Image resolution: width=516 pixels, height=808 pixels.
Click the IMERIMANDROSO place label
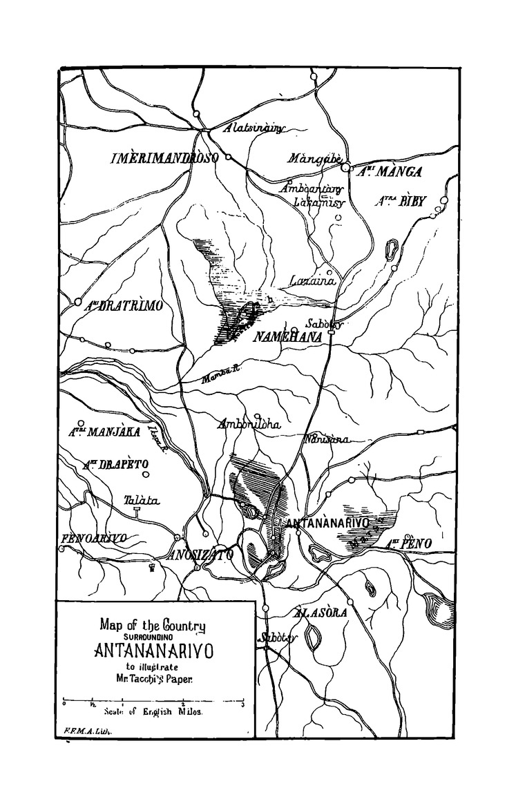click(x=164, y=158)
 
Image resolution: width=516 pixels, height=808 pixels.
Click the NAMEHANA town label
click(x=283, y=336)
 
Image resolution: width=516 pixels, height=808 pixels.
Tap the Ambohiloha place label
click(x=249, y=425)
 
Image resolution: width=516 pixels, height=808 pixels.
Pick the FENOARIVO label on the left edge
click(x=94, y=538)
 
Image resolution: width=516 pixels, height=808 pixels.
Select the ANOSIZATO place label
click(x=201, y=554)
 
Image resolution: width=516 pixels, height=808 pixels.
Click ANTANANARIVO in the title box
click(x=153, y=651)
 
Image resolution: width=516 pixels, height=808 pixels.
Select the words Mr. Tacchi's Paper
click(x=153, y=678)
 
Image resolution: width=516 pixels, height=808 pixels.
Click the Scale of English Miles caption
click(x=153, y=711)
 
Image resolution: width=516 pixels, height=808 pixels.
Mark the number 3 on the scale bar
click(x=242, y=704)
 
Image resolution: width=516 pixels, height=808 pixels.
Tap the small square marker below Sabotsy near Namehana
click(x=331, y=333)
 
